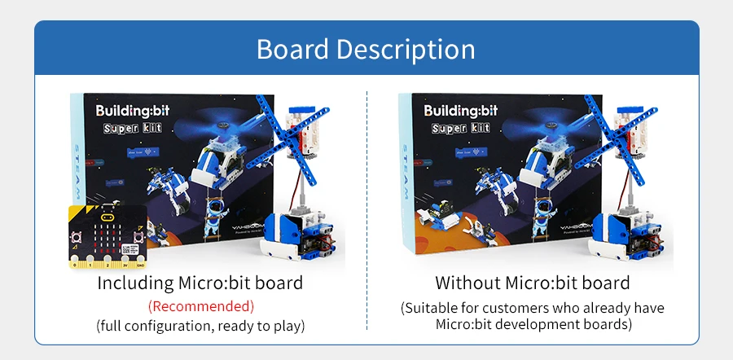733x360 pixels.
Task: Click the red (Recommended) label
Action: pos(200,306)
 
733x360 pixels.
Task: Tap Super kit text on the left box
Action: pos(132,129)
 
